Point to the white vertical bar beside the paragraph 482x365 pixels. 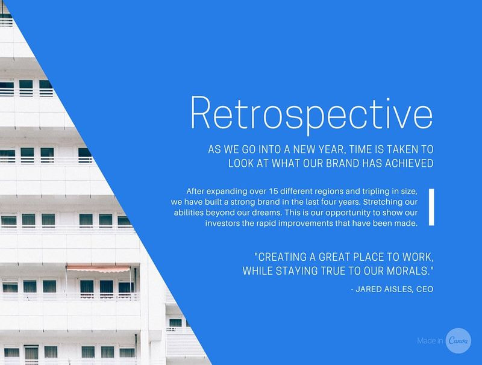click(x=431, y=207)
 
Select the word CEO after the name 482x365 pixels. click(x=424, y=289)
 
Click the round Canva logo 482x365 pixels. click(x=459, y=341)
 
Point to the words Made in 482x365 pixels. click(x=430, y=342)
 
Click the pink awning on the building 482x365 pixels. click(x=98, y=269)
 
